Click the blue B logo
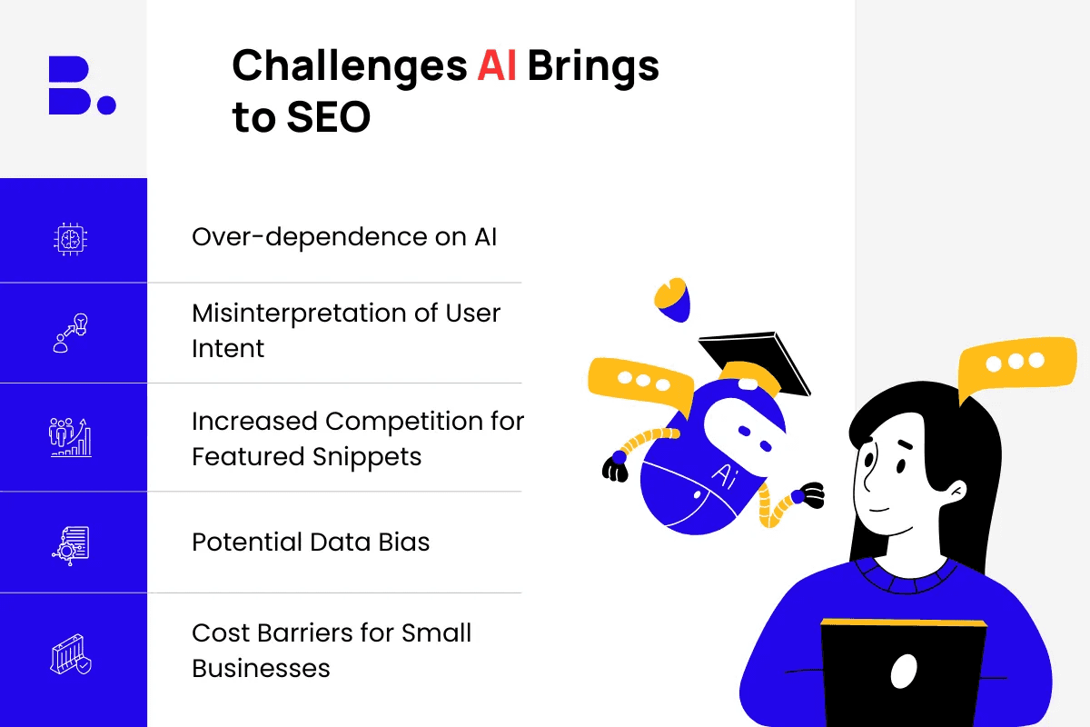coord(82,85)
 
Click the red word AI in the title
coord(496,65)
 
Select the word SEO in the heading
coord(329,117)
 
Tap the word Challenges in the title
coord(350,66)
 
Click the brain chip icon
coord(71,239)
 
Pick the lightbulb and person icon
coord(71,333)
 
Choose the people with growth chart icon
coord(71,437)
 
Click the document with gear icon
coord(71,545)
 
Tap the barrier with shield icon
coord(71,654)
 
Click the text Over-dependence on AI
coord(344,237)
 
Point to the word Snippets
coord(366,458)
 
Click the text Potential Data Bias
coord(311,542)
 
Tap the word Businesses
coord(261,668)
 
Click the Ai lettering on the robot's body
coord(724,476)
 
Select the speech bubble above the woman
coord(1017,366)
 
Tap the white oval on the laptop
coord(904,672)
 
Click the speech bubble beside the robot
coord(640,383)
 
